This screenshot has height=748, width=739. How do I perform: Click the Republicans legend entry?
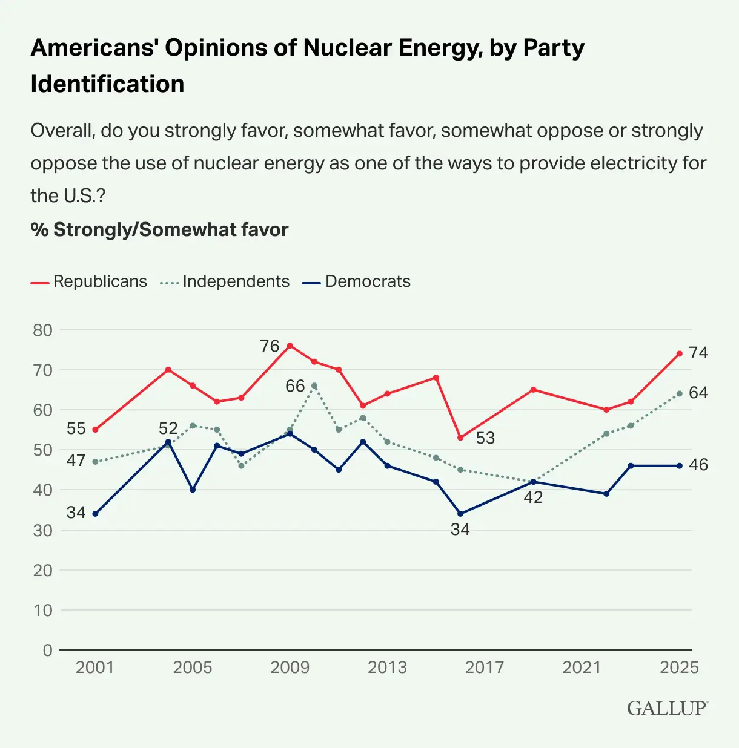point(89,281)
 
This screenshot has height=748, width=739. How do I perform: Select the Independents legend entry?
point(225,281)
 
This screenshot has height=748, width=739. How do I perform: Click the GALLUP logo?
point(667,708)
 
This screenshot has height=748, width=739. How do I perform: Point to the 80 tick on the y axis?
point(43,330)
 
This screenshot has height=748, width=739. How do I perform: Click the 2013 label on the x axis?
point(387,668)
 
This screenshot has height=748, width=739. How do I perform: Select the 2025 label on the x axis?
point(679,668)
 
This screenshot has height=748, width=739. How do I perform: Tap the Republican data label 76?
point(270,346)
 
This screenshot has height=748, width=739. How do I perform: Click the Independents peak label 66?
point(295,386)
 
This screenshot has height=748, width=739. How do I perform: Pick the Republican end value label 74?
point(698,353)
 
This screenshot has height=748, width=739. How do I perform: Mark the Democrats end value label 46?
point(698,465)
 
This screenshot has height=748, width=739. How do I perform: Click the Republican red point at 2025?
point(680,353)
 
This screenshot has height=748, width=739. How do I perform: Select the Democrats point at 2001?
point(95,514)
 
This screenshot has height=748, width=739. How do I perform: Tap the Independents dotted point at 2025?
point(680,393)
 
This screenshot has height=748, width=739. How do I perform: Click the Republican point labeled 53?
point(460,438)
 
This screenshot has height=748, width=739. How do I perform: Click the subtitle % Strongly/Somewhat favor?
point(159,230)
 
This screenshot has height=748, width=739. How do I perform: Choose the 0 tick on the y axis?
point(48,650)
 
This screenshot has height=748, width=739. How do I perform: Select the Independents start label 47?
point(76,461)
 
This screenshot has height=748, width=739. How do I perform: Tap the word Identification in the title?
point(107,84)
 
